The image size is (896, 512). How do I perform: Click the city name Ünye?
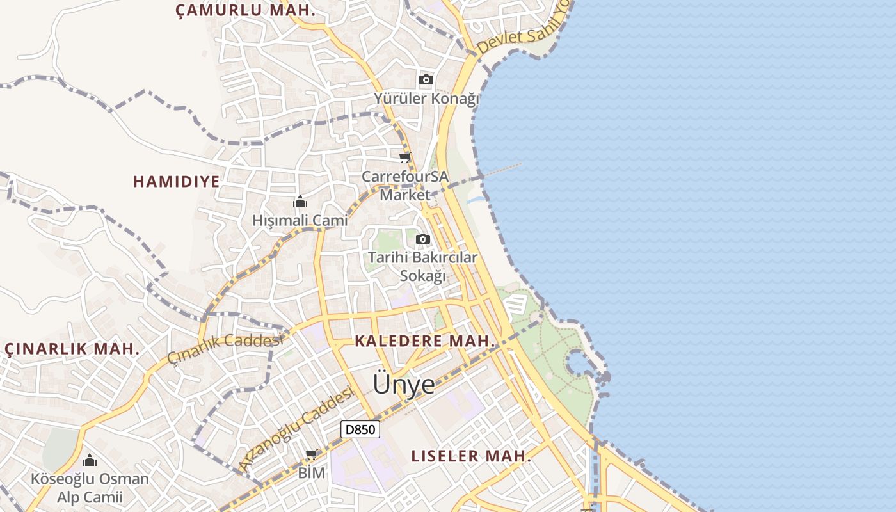pos(404,384)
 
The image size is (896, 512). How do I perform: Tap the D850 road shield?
pos(360,429)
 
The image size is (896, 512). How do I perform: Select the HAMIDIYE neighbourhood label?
pos(176,181)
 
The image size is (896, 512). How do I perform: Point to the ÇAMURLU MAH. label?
pos(245,10)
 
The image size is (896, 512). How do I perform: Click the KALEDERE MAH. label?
pos(425,341)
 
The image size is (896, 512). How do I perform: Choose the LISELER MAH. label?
pos(471,456)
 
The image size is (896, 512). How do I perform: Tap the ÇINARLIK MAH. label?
pos(72,349)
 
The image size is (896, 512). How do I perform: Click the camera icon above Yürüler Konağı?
pos(426,80)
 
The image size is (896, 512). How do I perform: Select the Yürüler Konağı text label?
pos(426,99)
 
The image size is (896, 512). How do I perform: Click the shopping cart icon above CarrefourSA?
pos(404,157)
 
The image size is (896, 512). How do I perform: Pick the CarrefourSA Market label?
pos(405,185)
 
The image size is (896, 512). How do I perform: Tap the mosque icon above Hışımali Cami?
pos(300,203)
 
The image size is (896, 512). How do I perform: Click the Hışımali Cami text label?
pos(300,220)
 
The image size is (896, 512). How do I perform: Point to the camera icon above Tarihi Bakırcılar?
pos(422,239)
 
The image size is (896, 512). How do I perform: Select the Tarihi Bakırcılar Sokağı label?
pos(422,266)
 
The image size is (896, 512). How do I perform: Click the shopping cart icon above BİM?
pos(312,455)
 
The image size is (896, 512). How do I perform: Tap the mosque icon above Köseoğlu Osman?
pos(90,460)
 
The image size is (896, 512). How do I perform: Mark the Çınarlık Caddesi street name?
pos(225,348)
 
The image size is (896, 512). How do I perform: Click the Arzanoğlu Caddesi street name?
pos(296,429)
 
